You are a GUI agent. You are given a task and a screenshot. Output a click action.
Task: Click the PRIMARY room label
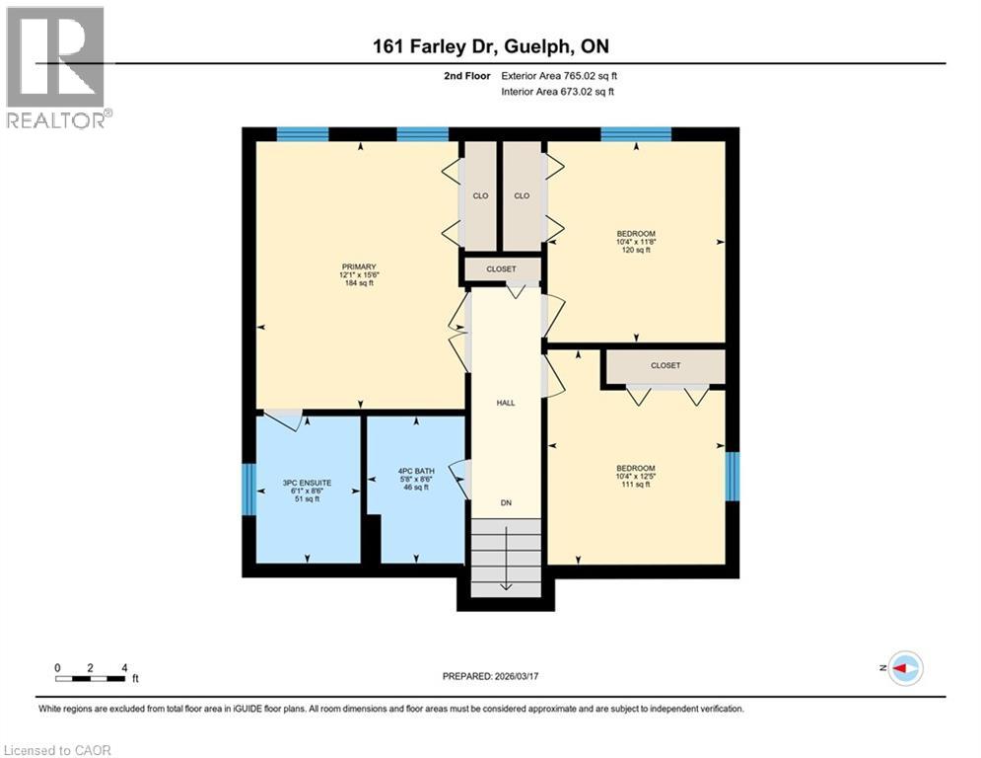357,265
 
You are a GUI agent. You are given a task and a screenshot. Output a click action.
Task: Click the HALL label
506,403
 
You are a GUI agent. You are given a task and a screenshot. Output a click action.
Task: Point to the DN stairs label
506,503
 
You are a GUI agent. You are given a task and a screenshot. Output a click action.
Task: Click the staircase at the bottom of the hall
506,558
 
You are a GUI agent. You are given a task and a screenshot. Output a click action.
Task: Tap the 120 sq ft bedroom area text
635,251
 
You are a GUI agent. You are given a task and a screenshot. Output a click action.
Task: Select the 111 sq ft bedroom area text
635,485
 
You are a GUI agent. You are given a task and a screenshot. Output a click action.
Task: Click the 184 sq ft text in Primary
357,283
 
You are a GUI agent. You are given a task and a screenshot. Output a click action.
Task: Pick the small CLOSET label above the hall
501,269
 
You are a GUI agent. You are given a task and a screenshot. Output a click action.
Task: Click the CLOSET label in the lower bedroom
666,365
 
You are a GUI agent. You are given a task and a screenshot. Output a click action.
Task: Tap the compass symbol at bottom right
904,668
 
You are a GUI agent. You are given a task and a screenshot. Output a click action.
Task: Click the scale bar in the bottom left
91,679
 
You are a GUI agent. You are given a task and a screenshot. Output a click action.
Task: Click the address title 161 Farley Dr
490,46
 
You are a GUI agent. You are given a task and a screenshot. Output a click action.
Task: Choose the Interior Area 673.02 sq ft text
559,92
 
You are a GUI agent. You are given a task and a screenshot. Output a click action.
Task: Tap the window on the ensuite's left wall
249,490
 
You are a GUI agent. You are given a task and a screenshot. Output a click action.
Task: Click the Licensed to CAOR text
57,750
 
